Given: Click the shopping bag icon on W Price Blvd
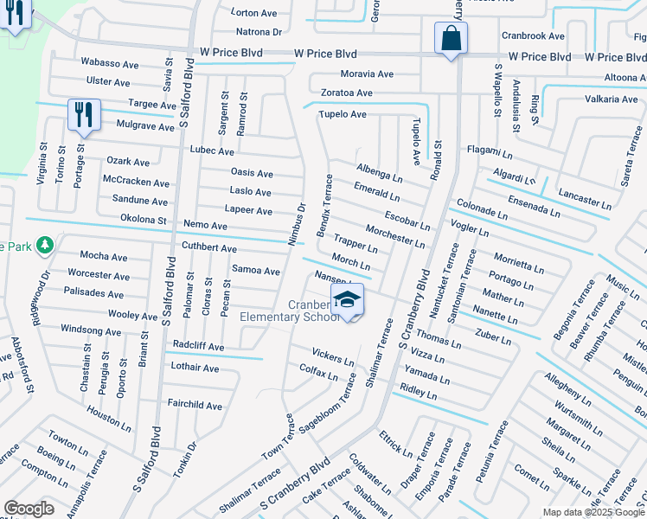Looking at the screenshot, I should pyautogui.click(x=451, y=39).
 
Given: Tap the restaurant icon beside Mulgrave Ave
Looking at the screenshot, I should pyautogui.click(x=84, y=114).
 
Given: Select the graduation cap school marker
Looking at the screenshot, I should pyautogui.click(x=347, y=300).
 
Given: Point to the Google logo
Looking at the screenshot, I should pyautogui.click(x=29, y=509).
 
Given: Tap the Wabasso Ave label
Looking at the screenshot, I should pyautogui.click(x=110, y=64).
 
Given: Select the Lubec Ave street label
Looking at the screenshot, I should pyautogui.click(x=212, y=151).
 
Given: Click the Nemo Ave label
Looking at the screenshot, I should pyautogui.click(x=205, y=226).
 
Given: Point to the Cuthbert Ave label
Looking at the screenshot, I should pyautogui.click(x=209, y=248).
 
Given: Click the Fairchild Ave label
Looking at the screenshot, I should pyautogui.click(x=195, y=406).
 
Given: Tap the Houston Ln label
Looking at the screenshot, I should pyautogui.click(x=109, y=421).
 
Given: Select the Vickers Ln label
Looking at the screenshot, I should pyautogui.click(x=333, y=356).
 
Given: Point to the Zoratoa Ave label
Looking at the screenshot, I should pyautogui.click(x=347, y=93).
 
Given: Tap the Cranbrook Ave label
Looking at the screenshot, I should pyautogui.click(x=533, y=36).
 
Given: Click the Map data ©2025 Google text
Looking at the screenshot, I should pyautogui.click(x=593, y=512).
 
